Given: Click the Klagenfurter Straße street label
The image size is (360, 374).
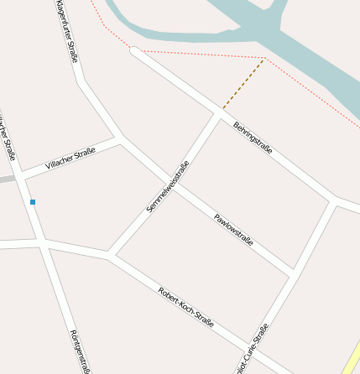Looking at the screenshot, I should click(x=66, y=32).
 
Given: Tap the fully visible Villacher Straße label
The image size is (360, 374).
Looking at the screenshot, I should click(x=70, y=158).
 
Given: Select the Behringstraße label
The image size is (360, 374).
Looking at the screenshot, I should click(x=253, y=138).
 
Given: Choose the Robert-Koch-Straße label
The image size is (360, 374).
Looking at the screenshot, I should click(x=185, y=307).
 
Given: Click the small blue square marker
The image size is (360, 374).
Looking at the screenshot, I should click(x=33, y=202).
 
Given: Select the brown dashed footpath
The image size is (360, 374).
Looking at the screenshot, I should click(x=243, y=84).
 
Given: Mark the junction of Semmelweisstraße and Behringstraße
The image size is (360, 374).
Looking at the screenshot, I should click(x=221, y=112).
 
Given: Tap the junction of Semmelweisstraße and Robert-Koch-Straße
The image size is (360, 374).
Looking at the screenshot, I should click(x=109, y=254).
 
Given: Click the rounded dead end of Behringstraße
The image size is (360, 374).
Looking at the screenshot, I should click(x=133, y=51).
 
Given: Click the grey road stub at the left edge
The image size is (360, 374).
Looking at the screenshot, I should click(x=7, y=179).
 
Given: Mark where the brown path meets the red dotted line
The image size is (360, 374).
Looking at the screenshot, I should click(x=264, y=59).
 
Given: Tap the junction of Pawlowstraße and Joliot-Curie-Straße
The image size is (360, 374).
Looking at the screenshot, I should click(x=294, y=273).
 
